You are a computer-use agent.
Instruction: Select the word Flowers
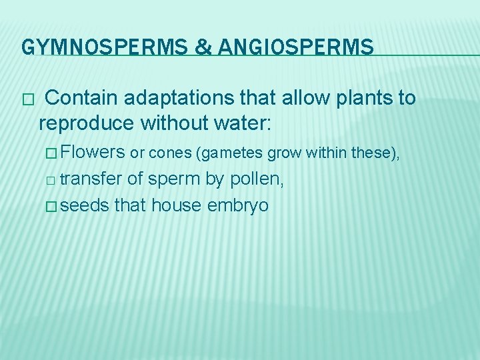pyautogui.click(x=92, y=153)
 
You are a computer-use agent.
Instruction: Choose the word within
pyautogui.click(x=317, y=153)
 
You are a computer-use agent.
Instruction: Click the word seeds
pyautogui.click(x=85, y=205)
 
